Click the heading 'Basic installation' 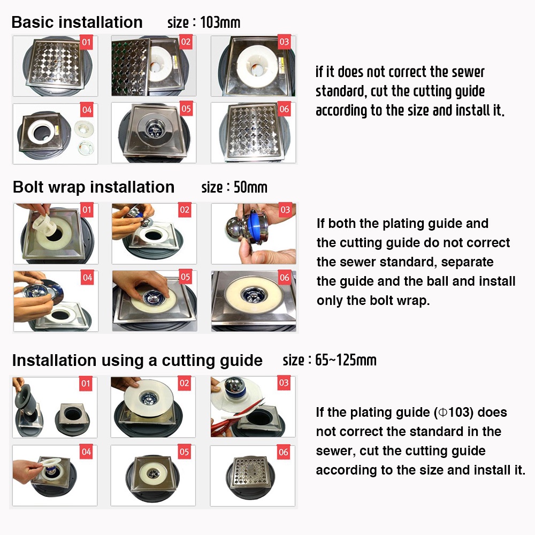[77, 22]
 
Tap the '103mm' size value [220, 22]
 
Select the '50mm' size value [250, 187]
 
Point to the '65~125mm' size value [346, 360]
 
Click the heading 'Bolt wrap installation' [94, 187]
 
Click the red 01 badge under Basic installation [86, 42]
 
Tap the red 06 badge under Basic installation [284, 109]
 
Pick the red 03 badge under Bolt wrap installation [285, 210]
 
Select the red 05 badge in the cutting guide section [184, 452]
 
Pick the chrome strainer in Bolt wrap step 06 [254, 294]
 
